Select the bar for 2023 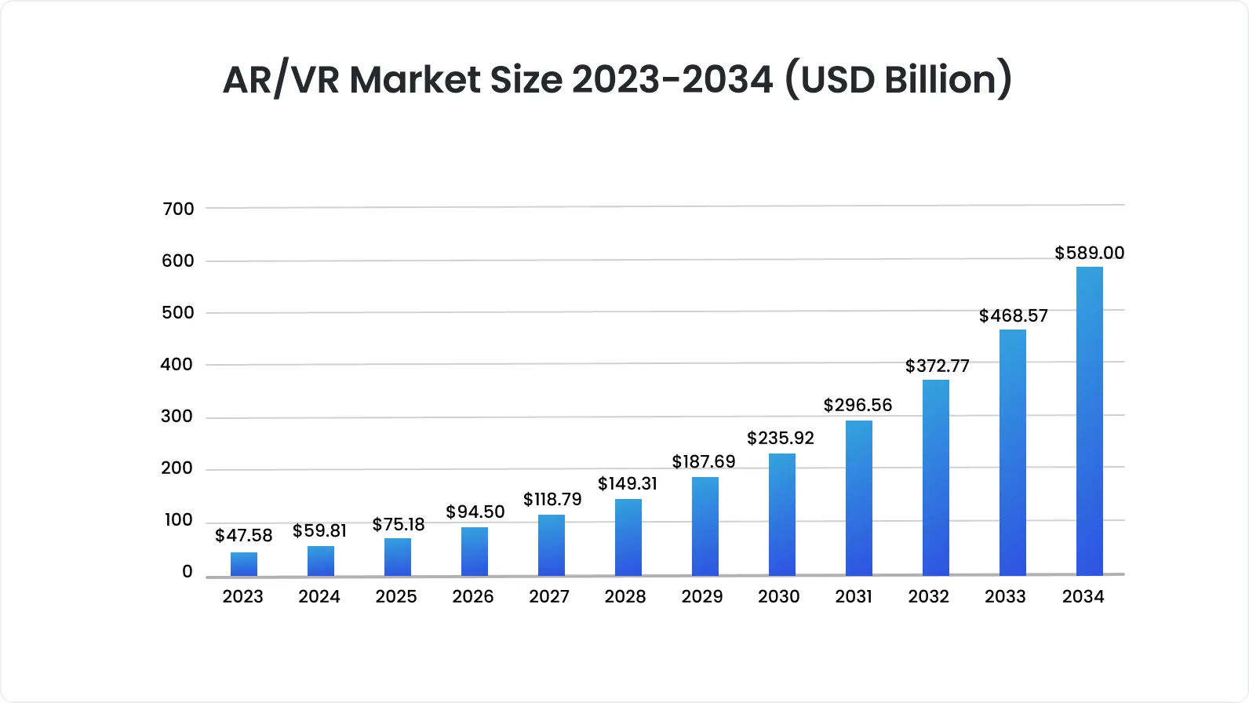pyautogui.click(x=244, y=564)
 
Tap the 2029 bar pyautogui.click(x=705, y=526)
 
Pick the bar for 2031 pyautogui.click(x=859, y=498)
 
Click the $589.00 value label pyautogui.click(x=1089, y=253)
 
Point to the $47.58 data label pyautogui.click(x=244, y=535)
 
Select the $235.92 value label pyautogui.click(x=781, y=438)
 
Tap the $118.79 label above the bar pyautogui.click(x=552, y=499)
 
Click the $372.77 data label pyautogui.click(x=938, y=366)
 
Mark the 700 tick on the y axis pyautogui.click(x=178, y=209)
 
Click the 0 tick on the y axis pyautogui.click(x=187, y=571)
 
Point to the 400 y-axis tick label pyautogui.click(x=177, y=364)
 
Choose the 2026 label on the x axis pyautogui.click(x=473, y=596)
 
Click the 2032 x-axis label pyautogui.click(x=929, y=596)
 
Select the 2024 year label pyautogui.click(x=319, y=596)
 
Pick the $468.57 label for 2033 pyautogui.click(x=1013, y=315)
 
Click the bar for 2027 pyautogui.click(x=552, y=545)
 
